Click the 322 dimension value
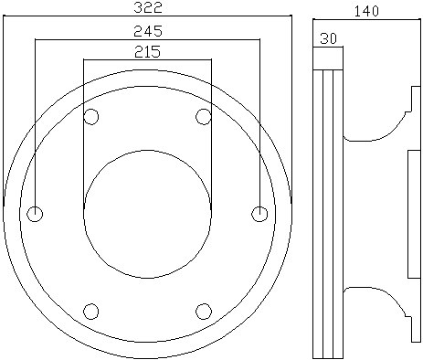coord(148,7)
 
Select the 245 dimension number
coord(148,31)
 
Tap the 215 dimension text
coord(147,51)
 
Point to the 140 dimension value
coord(366,11)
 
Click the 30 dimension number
coord(329,38)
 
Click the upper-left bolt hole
coord(91,117)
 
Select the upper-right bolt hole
coord(204,117)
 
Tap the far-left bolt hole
coord(35,214)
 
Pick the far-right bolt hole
coord(259,214)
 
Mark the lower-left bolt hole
coord(91,312)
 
